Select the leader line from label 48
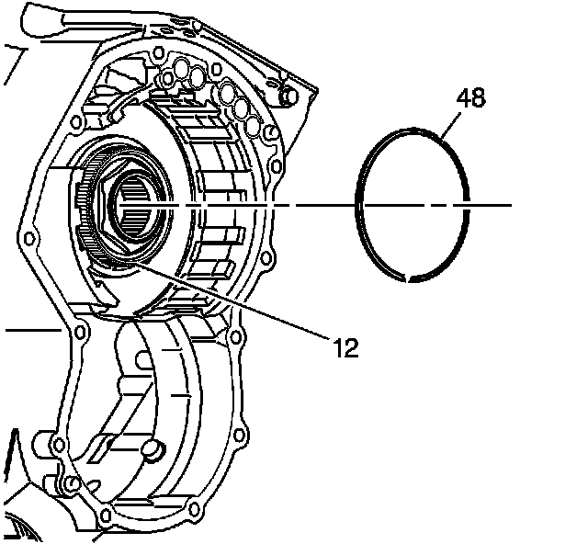[447, 125]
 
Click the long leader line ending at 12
[230, 302]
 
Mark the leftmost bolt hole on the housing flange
[30, 240]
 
